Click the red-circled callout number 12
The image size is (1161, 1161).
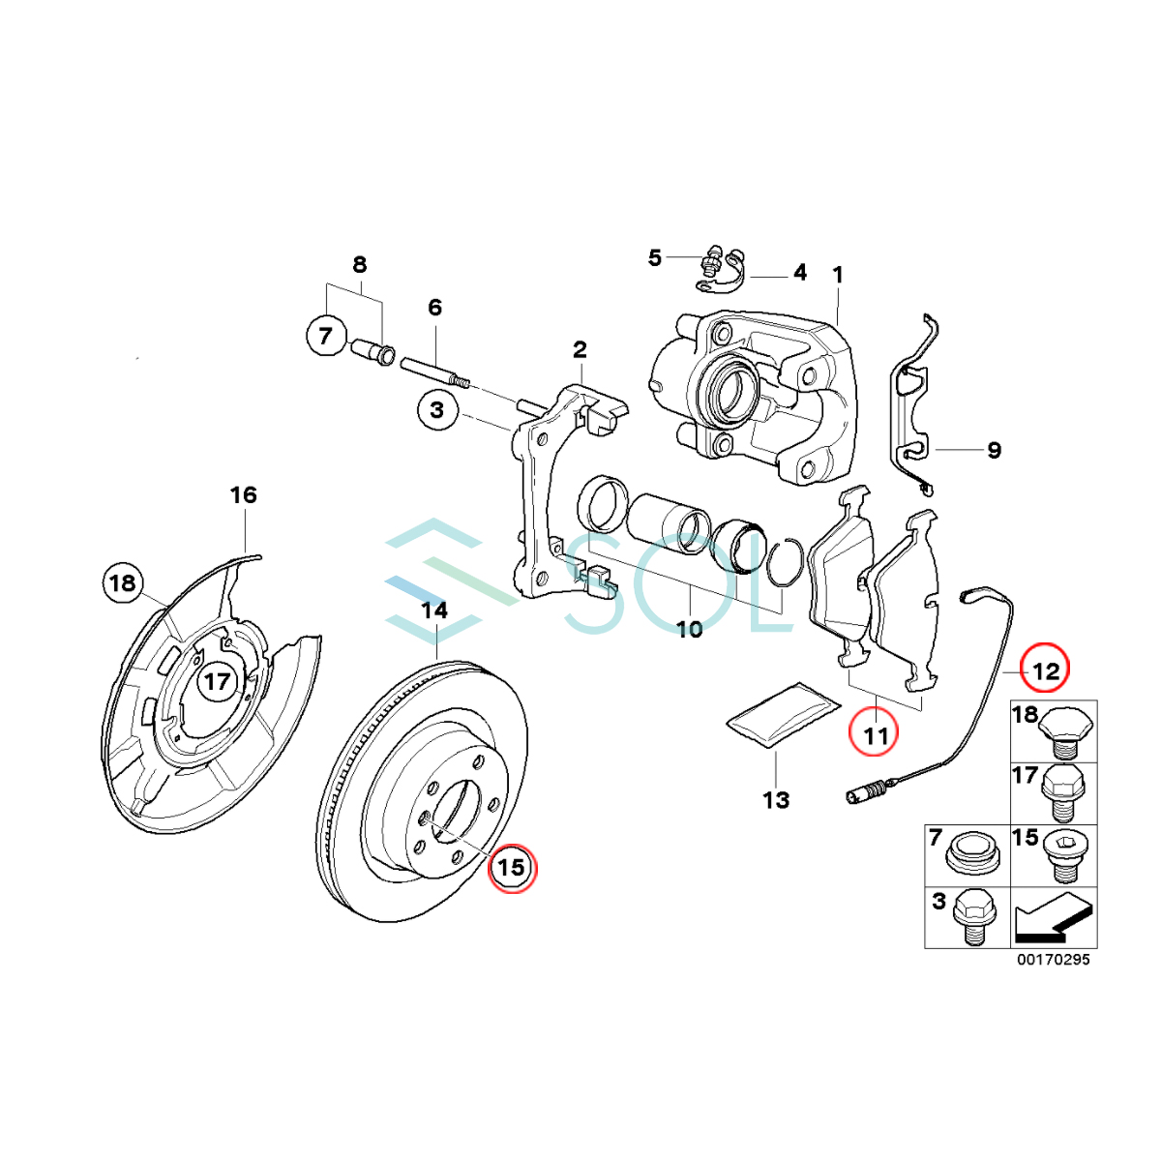(x=1046, y=669)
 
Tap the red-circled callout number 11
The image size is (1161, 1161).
(x=875, y=735)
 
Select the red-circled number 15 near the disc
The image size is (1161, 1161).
(x=511, y=867)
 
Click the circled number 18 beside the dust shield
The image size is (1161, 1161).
(x=123, y=583)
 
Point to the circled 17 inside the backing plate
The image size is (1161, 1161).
(x=217, y=681)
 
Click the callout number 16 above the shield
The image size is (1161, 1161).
(x=243, y=495)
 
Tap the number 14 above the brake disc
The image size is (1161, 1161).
(x=434, y=610)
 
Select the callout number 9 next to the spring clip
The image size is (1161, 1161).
(x=994, y=450)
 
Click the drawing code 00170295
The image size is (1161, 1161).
(x=1053, y=960)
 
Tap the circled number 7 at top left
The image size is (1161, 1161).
(x=325, y=336)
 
